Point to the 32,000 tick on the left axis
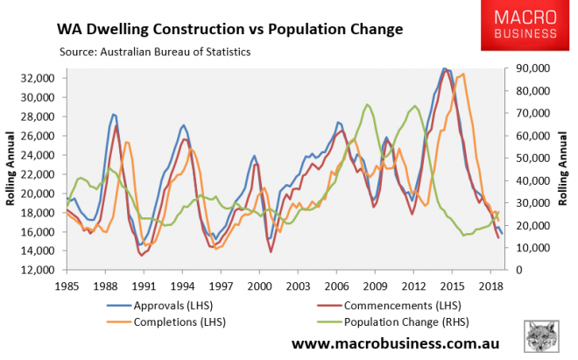click(39, 77)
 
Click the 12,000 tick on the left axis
click(39, 270)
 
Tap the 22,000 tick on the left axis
click(39, 173)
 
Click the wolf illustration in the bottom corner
click(542, 337)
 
